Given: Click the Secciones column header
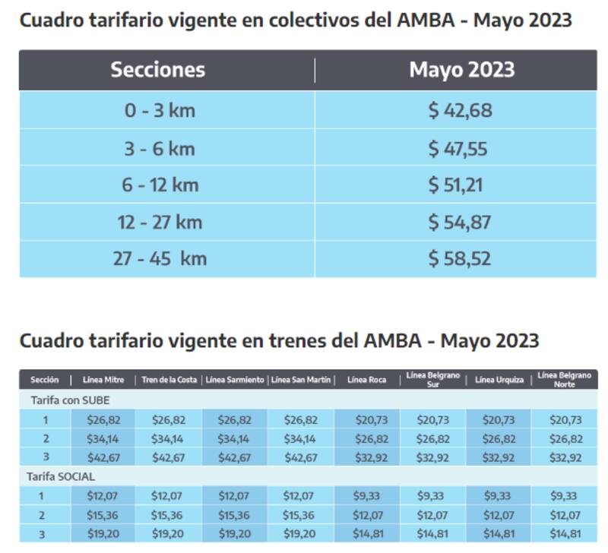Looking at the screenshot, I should (157, 70).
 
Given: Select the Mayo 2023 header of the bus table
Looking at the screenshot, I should (461, 70).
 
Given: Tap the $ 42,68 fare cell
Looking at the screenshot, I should (460, 111).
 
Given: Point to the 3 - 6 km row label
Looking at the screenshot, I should (160, 148).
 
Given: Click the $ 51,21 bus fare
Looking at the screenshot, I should (456, 185).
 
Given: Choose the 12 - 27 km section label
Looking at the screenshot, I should (160, 222).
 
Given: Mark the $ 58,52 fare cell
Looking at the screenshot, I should (460, 258).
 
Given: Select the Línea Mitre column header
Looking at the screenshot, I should (103, 380).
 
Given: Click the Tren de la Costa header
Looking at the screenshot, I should (168, 380).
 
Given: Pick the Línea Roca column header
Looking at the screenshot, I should (366, 380).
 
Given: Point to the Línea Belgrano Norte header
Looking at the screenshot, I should (562, 380).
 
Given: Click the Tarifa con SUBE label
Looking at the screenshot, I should (71, 400).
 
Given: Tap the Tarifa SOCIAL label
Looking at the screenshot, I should (63, 477).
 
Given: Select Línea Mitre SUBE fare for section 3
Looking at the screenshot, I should (103, 458).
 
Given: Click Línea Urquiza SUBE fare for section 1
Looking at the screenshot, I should (499, 420).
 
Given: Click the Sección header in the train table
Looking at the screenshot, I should (44, 380).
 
